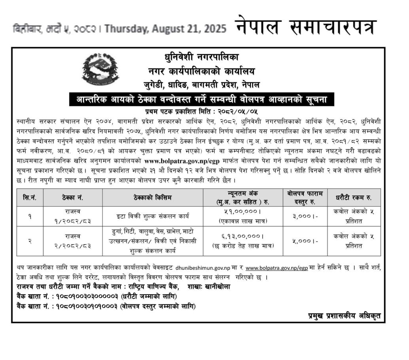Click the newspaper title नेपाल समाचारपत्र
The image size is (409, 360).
click(x=306, y=27)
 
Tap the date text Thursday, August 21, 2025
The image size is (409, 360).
click(x=166, y=29)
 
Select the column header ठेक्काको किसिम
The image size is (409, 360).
click(x=153, y=197)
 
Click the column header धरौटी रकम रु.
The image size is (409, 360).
click(x=354, y=197)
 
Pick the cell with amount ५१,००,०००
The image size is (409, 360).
click(x=243, y=212)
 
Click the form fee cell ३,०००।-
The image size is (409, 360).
click(x=305, y=216)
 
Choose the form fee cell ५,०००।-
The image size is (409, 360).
click(x=305, y=241)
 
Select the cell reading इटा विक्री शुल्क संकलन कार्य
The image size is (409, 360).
click(x=153, y=216)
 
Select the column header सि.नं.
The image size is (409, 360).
click(x=30, y=197)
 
